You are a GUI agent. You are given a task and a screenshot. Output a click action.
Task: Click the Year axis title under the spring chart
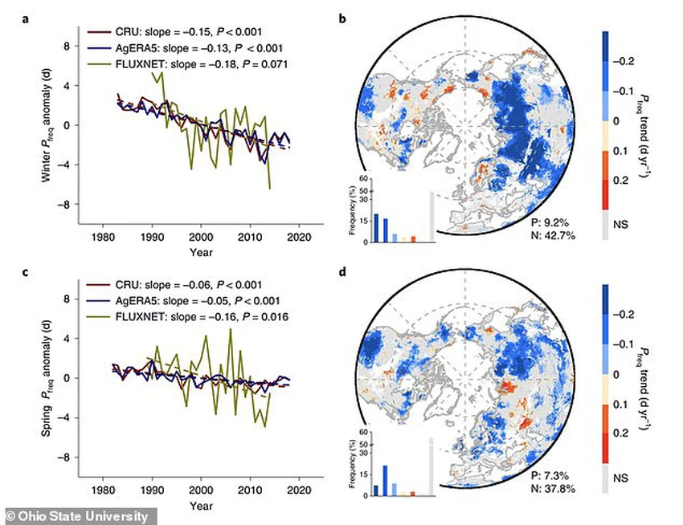(201, 507)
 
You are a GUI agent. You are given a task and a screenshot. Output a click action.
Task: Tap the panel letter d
(342, 271)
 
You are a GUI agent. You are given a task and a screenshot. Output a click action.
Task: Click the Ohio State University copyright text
(76, 516)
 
